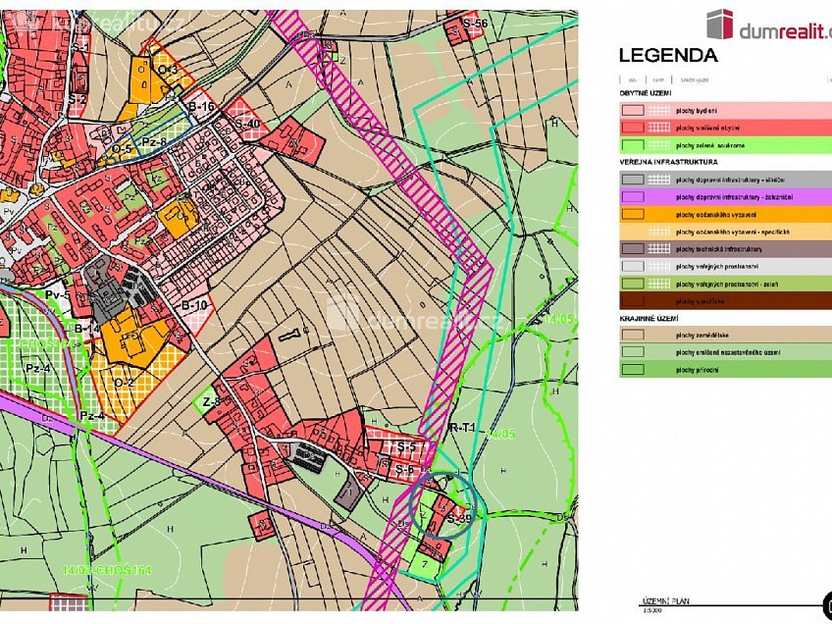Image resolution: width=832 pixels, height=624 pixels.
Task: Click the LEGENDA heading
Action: coord(667,56)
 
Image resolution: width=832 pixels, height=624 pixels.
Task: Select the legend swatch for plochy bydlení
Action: coord(632,111)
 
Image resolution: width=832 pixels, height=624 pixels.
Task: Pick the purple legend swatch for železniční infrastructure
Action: coord(632,196)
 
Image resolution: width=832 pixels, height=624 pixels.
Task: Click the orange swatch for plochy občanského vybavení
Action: coord(632,214)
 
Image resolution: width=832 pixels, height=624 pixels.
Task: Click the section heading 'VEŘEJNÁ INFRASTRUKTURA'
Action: coord(668,162)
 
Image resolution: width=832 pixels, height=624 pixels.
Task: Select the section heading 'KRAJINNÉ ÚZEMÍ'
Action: coord(650,318)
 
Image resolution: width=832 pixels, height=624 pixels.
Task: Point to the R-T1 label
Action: coord(462,428)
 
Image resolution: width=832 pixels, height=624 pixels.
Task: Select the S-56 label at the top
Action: coord(475,23)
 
